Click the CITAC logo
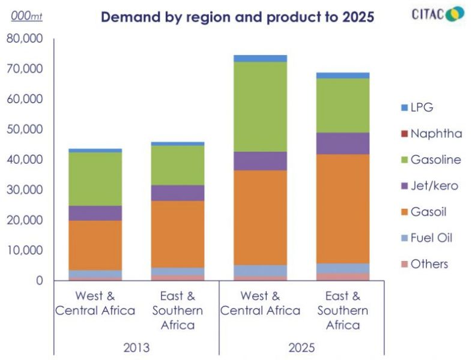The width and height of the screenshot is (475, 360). click(x=438, y=14)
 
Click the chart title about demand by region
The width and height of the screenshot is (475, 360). click(x=237, y=17)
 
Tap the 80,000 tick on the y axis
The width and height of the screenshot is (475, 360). click(x=24, y=39)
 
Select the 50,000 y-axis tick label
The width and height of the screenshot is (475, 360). click(x=24, y=130)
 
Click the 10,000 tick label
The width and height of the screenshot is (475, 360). click(x=24, y=251)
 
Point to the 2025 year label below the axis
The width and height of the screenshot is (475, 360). click(x=301, y=347)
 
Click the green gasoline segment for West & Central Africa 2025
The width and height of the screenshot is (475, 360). click(x=260, y=107)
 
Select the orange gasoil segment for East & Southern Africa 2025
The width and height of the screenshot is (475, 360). click(x=343, y=209)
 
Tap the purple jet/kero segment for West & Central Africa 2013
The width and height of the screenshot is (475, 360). click(x=95, y=213)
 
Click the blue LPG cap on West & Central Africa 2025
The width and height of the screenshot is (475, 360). click(x=260, y=58)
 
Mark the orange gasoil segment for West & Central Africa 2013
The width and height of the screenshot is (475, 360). click(x=95, y=245)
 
